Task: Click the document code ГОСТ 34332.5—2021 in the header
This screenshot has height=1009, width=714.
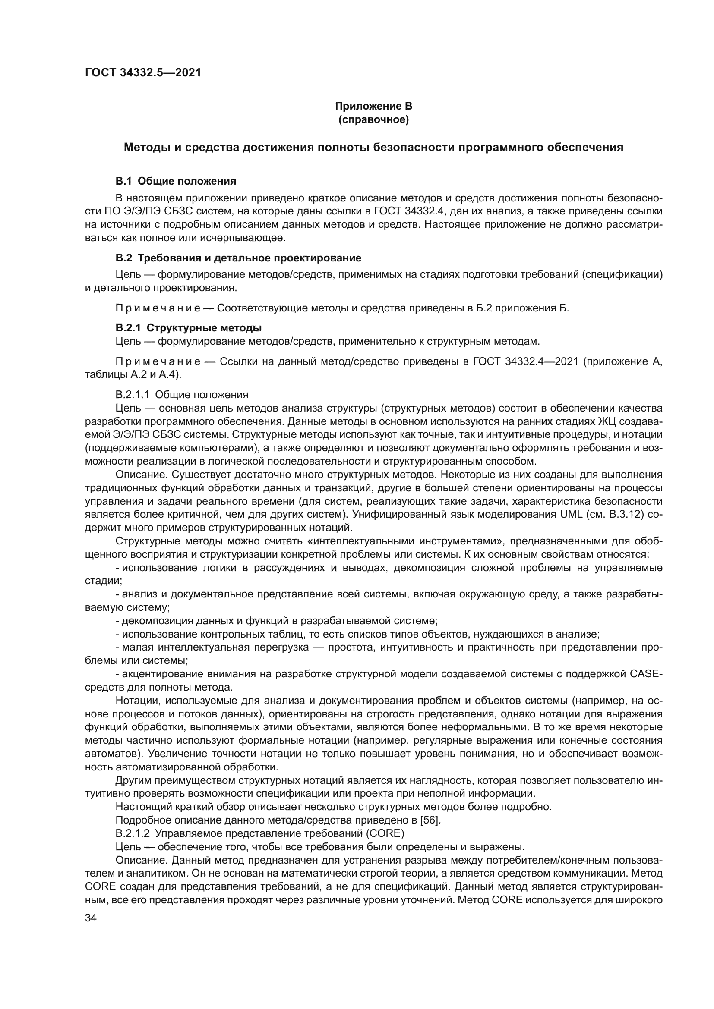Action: point(143,73)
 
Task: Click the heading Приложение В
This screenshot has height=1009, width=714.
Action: point(373,106)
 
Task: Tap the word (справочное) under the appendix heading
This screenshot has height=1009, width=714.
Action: point(373,119)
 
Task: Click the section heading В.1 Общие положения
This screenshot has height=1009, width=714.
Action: point(175,181)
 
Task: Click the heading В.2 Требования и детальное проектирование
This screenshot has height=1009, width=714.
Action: point(238,258)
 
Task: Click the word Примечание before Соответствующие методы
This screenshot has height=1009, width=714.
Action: point(158,308)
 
